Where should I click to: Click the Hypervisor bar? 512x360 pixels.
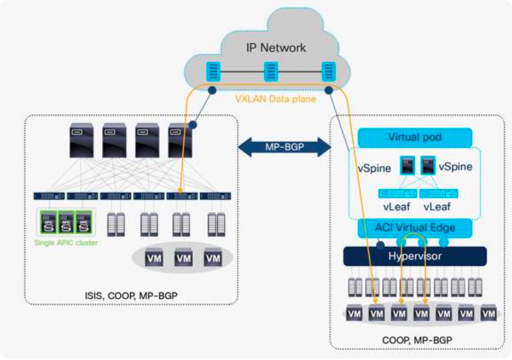point(415,256)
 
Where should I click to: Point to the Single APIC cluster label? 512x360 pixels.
point(66,242)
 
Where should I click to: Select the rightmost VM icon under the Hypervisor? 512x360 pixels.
point(488,314)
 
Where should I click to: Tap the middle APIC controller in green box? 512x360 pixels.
point(66,223)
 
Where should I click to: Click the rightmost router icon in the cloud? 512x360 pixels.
point(328,72)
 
